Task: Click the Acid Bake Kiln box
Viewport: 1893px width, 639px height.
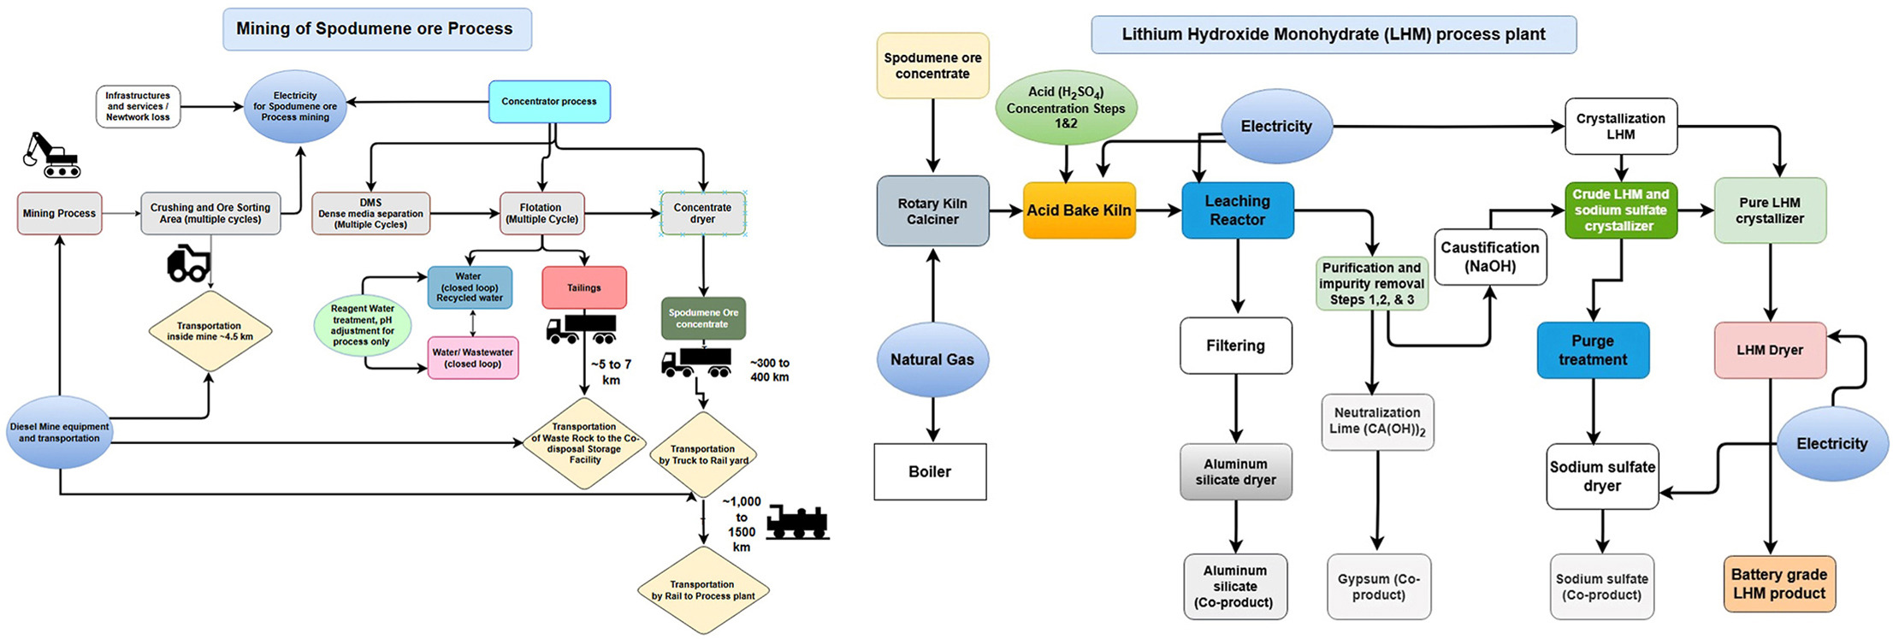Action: point(1079,210)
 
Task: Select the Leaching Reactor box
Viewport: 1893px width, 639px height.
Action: point(1237,210)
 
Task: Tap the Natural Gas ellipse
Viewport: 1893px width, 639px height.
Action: point(932,359)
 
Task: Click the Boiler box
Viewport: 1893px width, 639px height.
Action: point(930,471)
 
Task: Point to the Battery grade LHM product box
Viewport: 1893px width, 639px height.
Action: point(1778,584)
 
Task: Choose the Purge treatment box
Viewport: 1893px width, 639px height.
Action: point(1592,350)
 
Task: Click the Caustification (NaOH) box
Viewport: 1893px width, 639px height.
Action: point(1489,257)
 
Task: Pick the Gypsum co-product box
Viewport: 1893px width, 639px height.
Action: point(1378,587)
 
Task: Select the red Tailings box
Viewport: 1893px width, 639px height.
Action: point(584,287)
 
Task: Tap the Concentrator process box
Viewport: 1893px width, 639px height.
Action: point(549,102)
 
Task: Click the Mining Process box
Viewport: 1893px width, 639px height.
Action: point(59,213)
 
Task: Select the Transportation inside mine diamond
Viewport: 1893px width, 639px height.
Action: point(210,331)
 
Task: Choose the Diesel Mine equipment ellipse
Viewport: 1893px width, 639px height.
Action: point(59,432)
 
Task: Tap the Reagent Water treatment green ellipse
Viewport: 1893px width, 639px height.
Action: point(362,325)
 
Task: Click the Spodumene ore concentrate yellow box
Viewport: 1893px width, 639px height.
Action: point(932,66)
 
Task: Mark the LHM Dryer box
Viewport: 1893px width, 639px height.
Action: point(1769,350)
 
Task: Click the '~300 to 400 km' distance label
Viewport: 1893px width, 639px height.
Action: point(769,370)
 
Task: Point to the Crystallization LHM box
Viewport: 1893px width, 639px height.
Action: point(1620,127)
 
